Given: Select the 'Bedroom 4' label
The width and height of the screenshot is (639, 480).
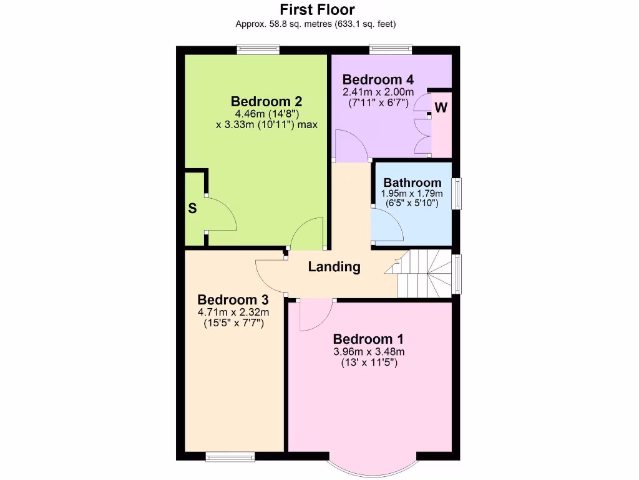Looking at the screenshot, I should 378,79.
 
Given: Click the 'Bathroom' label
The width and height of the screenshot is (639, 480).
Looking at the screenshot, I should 412,182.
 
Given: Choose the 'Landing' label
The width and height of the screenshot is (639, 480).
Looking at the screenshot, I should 334,267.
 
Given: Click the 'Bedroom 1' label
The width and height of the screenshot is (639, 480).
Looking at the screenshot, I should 368,339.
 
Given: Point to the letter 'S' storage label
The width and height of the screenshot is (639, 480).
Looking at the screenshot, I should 192,209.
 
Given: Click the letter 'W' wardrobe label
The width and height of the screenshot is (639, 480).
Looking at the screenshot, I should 441,107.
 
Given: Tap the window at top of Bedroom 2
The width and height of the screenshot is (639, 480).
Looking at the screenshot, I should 258,50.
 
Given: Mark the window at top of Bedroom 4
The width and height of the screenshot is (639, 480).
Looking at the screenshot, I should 391,50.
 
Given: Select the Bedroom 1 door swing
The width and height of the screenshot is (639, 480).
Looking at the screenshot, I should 315,316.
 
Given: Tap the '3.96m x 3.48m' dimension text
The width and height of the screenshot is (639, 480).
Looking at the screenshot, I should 368,351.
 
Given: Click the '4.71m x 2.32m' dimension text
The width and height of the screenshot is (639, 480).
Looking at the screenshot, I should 233,312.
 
